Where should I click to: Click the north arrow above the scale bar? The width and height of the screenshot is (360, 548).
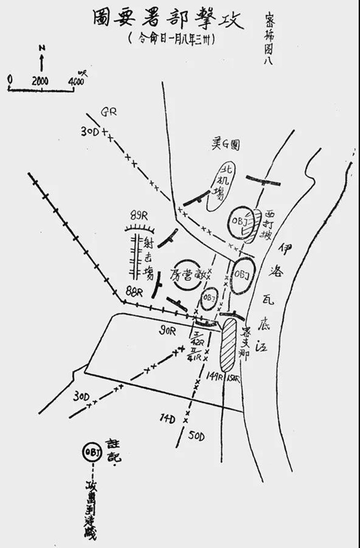(41, 58)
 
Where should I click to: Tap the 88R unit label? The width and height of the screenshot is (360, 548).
(134, 291)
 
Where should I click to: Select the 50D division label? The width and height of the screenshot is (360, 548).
(197, 436)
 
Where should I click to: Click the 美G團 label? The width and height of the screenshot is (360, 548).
(226, 145)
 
